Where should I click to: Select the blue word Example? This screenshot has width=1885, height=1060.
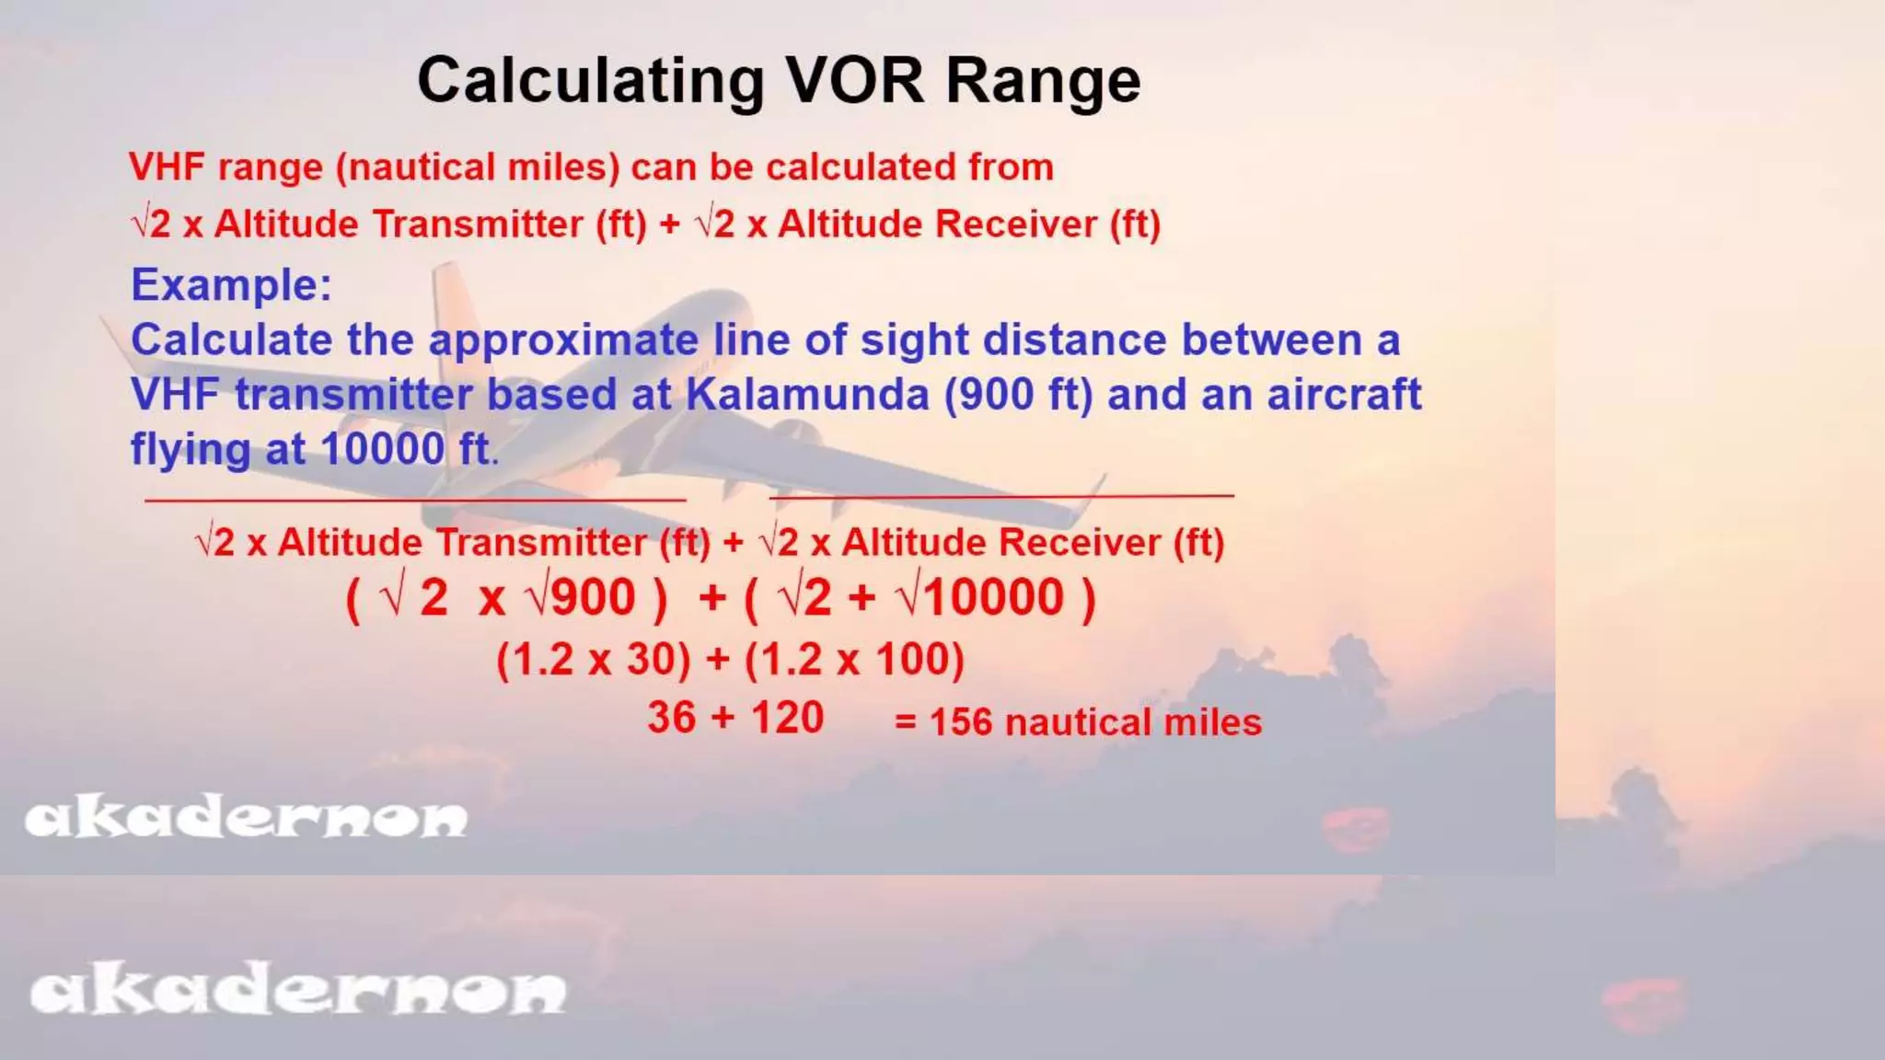click(x=231, y=285)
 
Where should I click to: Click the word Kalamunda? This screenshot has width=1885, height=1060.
click(x=807, y=395)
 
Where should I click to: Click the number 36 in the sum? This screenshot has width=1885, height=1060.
click(x=672, y=718)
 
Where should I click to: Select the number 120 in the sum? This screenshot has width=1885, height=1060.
click(x=787, y=718)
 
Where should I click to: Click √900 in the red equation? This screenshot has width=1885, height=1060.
click(x=581, y=597)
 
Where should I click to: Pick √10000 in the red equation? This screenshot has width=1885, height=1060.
click(x=981, y=597)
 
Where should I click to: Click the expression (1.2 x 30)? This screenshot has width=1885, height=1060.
click(x=594, y=660)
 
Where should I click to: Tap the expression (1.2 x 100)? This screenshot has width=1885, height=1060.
click(x=854, y=660)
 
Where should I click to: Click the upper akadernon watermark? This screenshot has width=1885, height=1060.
click(x=246, y=818)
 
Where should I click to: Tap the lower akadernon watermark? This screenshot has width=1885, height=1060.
click(x=297, y=991)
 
